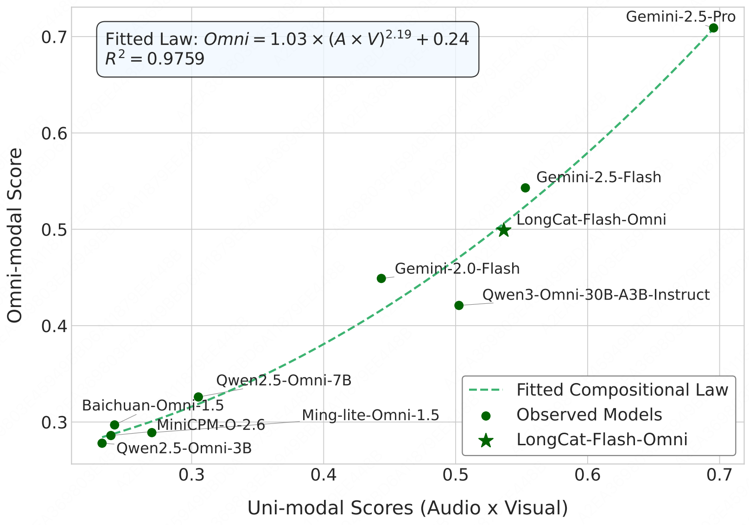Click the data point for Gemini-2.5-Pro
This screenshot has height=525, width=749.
[x=713, y=28]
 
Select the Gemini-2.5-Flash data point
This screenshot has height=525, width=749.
[x=525, y=188]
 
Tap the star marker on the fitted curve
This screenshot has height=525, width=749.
[x=504, y=230]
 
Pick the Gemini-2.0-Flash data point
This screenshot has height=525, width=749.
[x=381, y=278]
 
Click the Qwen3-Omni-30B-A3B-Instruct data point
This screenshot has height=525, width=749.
[x=459, y=305]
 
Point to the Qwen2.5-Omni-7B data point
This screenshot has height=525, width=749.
[x=198, y=397]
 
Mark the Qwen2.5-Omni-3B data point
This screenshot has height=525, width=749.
[x=102, y=443]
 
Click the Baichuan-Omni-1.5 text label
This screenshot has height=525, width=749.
[x=153, y=405]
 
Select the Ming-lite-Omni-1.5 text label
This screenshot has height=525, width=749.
[x=370, y=415]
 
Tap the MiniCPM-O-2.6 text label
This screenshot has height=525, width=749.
[x=211, y=425]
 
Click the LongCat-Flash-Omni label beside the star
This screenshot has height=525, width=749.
[x=591, y=219]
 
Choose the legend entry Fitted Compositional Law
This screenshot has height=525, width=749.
[x=622, y=390]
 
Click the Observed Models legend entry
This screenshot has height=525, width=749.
[x=589, y=415]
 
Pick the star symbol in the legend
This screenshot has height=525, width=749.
[x=486, y=440]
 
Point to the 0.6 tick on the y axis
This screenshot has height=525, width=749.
[x=54, y=134]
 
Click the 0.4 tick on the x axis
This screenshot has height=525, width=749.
[x=324, y=475]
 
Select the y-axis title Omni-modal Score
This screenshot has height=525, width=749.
[x=15, y=235]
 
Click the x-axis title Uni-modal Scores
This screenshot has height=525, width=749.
[x=407, y=508]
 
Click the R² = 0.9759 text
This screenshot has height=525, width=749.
[x=155, y=59]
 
